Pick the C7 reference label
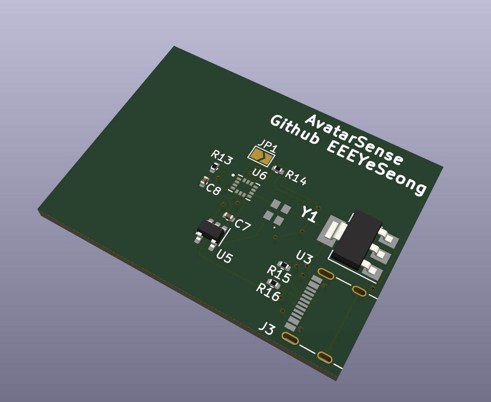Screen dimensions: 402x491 pos(243,225)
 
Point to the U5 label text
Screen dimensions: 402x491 pos(224,257)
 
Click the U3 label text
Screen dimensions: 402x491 pos(304,257)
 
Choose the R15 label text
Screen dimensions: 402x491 pos(279,272)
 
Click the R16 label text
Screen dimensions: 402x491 pos(268,291)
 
